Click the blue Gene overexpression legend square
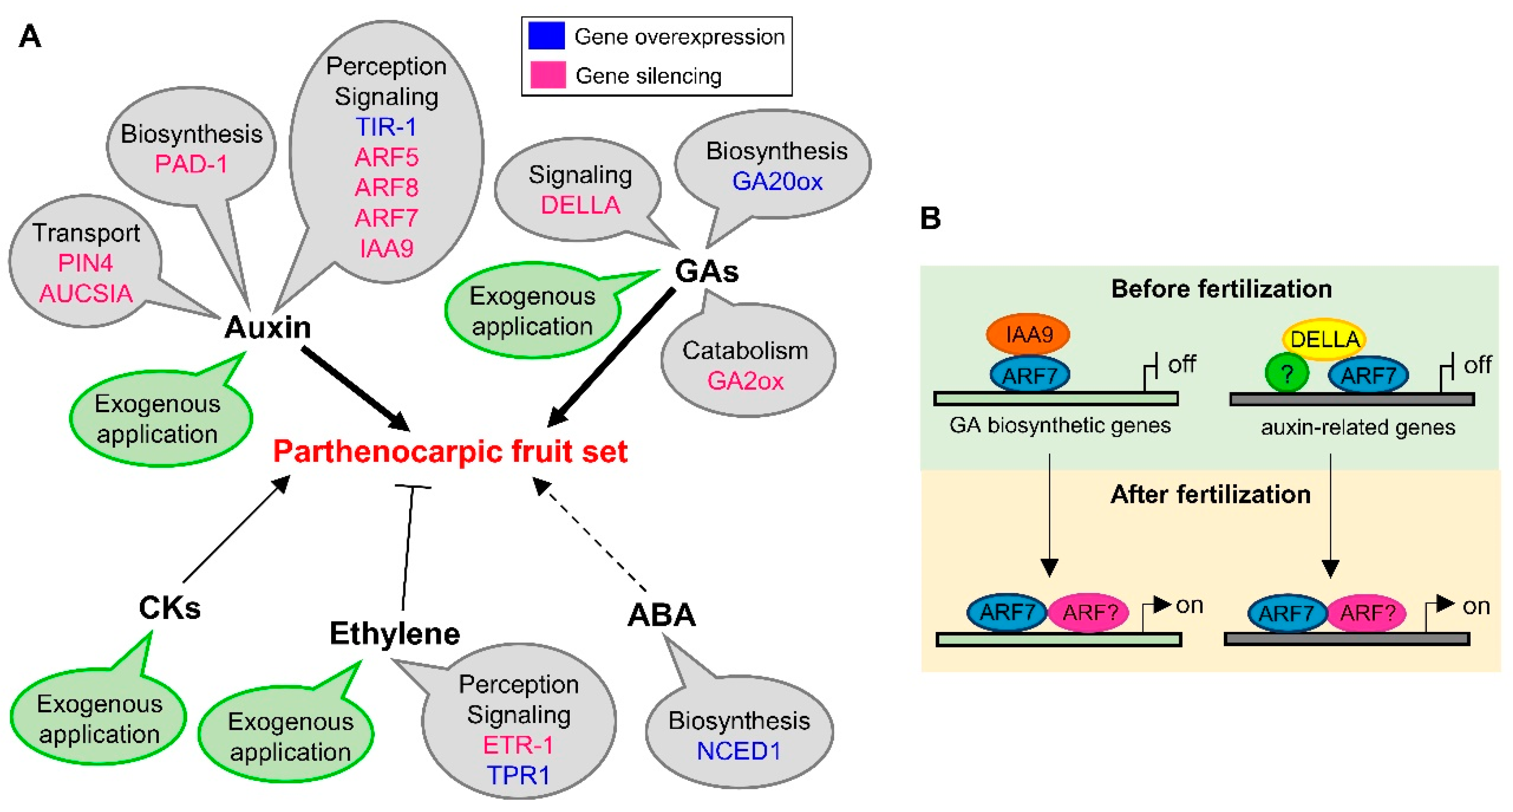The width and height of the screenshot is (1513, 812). pos(546,36)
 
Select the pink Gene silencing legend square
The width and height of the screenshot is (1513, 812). pos(547,75)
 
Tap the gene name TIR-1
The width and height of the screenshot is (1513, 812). pos(386,127)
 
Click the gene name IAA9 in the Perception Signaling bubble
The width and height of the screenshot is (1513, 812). pos(386,248)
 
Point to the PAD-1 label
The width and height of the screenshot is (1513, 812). pos(191,164)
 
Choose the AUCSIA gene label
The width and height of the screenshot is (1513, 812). pos(86,293)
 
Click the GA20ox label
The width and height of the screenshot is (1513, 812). pos(777,181)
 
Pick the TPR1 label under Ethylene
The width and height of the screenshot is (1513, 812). pos(518,776)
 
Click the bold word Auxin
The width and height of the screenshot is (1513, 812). pos(268,327)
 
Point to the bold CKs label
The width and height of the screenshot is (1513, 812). pos(170,608)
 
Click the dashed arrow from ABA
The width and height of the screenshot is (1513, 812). pos(590,535)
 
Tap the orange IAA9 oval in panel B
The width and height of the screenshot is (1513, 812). pos(1027,334)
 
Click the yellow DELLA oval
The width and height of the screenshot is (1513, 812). pos(1324,339)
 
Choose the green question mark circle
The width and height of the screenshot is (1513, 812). pos(1286,374)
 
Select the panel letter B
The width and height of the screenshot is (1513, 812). pos(930,218)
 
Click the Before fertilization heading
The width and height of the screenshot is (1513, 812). pos(1221,289)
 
